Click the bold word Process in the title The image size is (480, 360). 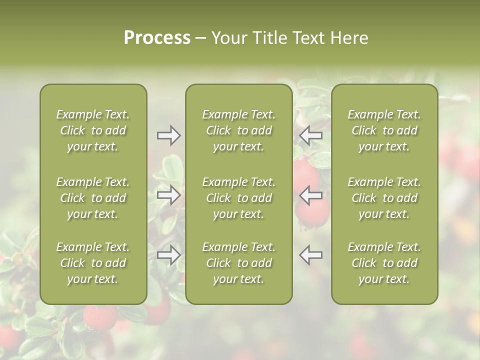(x=157, y=37)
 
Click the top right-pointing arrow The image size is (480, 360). (x=168, y=135)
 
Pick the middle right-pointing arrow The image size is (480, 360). (x=168, y=195)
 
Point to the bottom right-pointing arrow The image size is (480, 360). (x=168, y=255)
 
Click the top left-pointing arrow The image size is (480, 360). (x=311, y=135)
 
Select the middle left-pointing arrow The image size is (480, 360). (x=311, y=195)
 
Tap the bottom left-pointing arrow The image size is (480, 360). (x=311, y=255)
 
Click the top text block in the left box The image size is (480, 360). (x=93, y=130)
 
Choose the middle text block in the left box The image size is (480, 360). (x=93, y=198)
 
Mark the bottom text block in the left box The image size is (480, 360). (x=93, y=263)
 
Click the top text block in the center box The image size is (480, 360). (x=238, y=130)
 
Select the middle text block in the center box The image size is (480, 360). (x=238, y=198)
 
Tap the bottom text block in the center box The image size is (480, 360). (x=238, y=263)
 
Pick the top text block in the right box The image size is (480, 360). (x=384, y=130)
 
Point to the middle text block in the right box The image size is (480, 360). (x=384, y=198)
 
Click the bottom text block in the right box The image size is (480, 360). (x=384, y=263)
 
